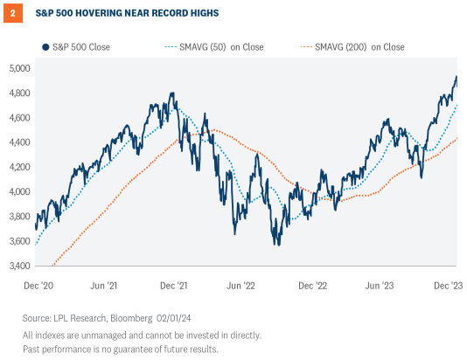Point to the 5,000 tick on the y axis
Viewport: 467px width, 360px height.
(18, 68)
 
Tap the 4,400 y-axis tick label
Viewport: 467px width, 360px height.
(18, 142)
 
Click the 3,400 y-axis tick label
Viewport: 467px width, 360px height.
(18, 266)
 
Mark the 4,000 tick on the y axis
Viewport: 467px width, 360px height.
(18, 191)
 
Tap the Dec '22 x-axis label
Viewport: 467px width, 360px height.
(313, 285)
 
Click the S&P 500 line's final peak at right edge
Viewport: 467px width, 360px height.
(455, 78)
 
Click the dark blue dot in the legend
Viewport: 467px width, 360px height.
(44, 45)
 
